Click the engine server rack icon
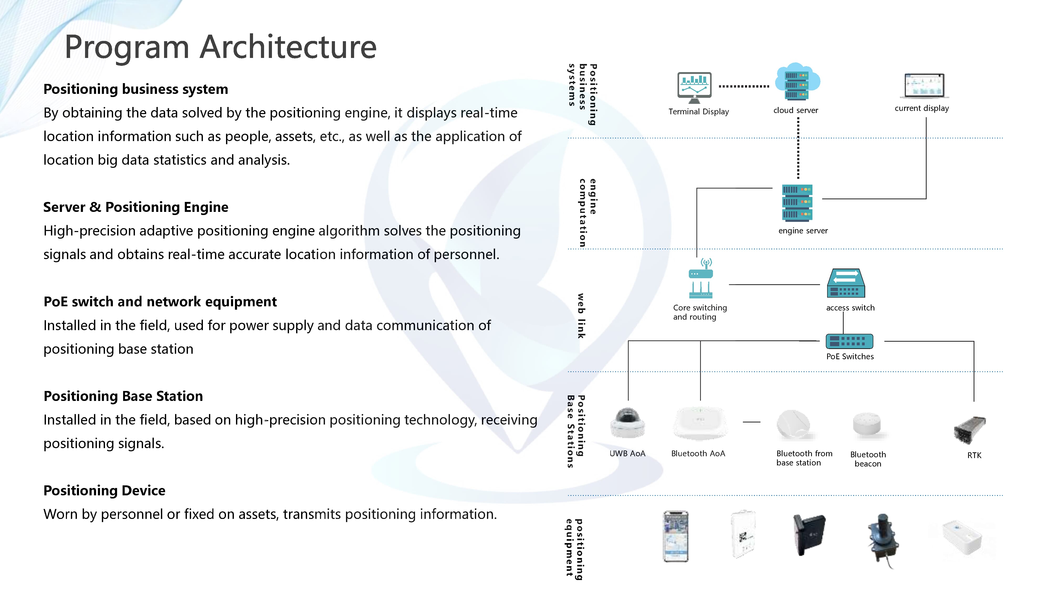click(x=797, y=202)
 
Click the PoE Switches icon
click(x=849, y=341)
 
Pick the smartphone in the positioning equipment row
click(x=676, y=536)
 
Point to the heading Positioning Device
click(x=104, y=490)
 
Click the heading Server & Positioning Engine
click(x=136, y=207)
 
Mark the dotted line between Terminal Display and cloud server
click(x=744, y=86)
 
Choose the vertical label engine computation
click(x=587, y=213)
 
